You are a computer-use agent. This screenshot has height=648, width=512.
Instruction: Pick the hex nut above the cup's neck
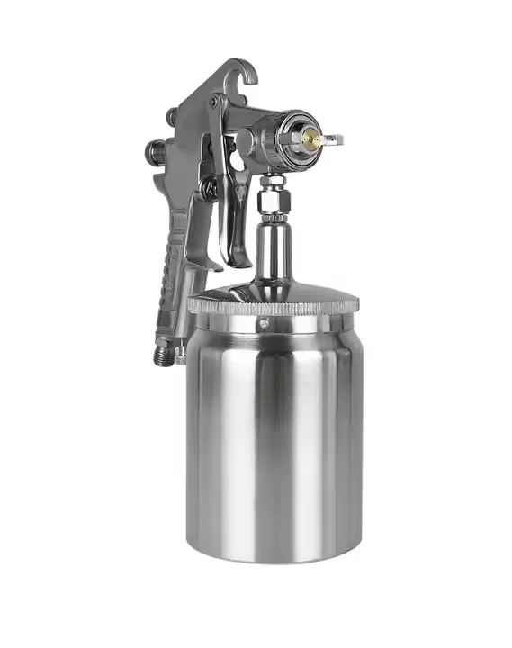[x=269, y=203]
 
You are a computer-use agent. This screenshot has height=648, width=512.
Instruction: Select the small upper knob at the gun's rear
[x=171, y=116]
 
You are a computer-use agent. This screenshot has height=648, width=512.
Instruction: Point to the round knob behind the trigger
[x=208, y=188]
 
